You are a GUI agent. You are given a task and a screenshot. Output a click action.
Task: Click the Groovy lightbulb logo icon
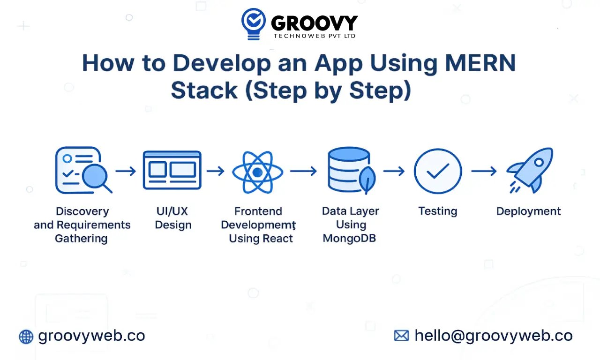pos(254,24)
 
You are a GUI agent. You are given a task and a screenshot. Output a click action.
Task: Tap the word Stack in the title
pos(204,91)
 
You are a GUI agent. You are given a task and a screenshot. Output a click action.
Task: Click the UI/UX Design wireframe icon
pos(172,170)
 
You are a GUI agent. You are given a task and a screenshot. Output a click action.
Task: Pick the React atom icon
pos(257,172)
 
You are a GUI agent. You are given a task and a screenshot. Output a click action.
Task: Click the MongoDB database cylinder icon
pos(349,170)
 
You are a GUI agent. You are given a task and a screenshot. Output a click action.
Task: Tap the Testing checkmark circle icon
pos(438,172)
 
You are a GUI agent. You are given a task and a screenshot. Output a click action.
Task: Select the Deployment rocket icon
pos(530,171)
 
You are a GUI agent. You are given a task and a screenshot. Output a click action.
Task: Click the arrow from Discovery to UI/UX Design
pos(126,171)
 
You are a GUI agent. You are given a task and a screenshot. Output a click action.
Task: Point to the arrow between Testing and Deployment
pos(484,171)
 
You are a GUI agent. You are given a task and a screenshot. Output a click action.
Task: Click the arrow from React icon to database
pos(303,171)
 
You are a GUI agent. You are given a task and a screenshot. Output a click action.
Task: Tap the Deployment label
pos(528,211)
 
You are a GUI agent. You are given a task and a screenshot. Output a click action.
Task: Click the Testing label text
pos(437,211)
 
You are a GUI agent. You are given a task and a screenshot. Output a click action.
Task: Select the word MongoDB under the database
pos(350,238)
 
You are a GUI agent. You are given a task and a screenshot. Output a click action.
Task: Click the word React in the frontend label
pos(277,239)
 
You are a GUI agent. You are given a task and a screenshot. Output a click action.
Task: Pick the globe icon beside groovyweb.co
pos(26,336)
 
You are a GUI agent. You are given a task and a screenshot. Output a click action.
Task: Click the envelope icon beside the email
pos(401,336)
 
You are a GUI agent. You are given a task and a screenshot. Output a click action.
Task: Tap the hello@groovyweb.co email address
pos(493,336)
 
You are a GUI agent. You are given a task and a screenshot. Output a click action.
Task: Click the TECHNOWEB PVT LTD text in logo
pos(314,36)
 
